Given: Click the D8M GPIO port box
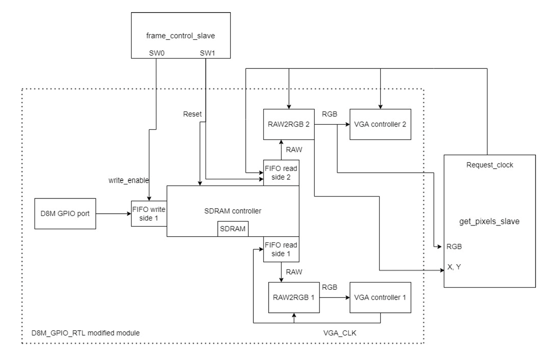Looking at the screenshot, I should pos(65,213).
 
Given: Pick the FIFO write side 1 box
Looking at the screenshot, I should pos(149,213).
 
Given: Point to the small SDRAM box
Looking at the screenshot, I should pos(233,229).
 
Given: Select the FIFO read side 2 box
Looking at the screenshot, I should pos(282,172).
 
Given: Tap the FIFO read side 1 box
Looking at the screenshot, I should pos(282,249).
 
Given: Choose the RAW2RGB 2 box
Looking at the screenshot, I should pos(288,124).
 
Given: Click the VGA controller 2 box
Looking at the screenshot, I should pos(381,124).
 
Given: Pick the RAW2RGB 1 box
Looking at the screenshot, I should pos(293,297).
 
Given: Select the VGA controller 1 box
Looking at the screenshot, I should pos(381,297).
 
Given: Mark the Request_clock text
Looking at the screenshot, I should pos(490,165).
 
